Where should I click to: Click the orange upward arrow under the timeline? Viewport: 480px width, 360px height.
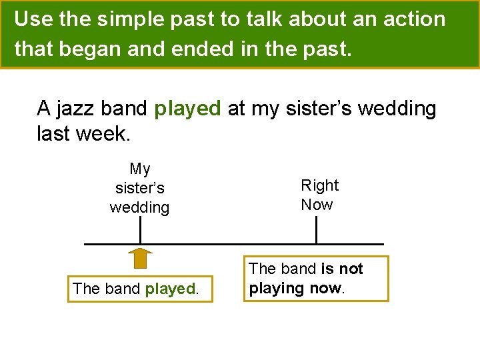pos(139,259)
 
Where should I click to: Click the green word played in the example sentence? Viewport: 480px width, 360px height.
pos(187,108)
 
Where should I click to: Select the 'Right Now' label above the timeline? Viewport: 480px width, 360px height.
pos(319,195)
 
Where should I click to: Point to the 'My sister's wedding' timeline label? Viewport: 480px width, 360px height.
pos(139,188)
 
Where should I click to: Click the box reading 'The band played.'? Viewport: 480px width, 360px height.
pos(140,289)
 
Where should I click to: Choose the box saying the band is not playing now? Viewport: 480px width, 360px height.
pos(315,278)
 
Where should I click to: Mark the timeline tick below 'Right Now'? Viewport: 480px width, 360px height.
pos(316,231)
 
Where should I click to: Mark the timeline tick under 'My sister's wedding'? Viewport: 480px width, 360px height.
pos(140,231)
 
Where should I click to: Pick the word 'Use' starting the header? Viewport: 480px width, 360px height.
pos(33,19)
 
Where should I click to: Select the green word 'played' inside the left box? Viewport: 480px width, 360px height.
pos(169,289)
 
